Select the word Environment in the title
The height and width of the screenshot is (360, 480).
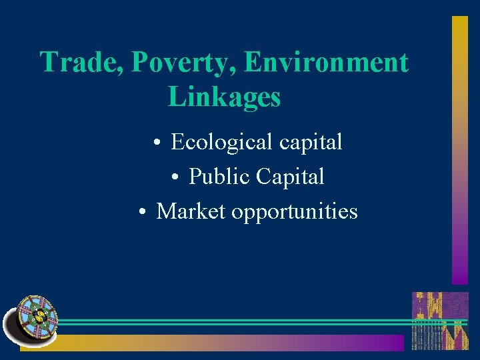[x=326, y=62]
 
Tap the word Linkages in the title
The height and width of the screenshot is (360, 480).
[x=225, y=97]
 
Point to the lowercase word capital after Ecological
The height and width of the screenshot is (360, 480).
[x=311, y=143]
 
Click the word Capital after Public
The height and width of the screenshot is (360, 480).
[x=291, y=177]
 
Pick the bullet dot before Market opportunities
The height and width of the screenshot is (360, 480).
[x=143, y=213]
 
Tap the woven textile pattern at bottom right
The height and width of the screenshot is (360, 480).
[x=440, y=321]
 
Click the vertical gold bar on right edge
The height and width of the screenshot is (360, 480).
[x=460, y=150]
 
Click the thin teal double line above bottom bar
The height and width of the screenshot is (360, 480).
[x=233, y=322]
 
